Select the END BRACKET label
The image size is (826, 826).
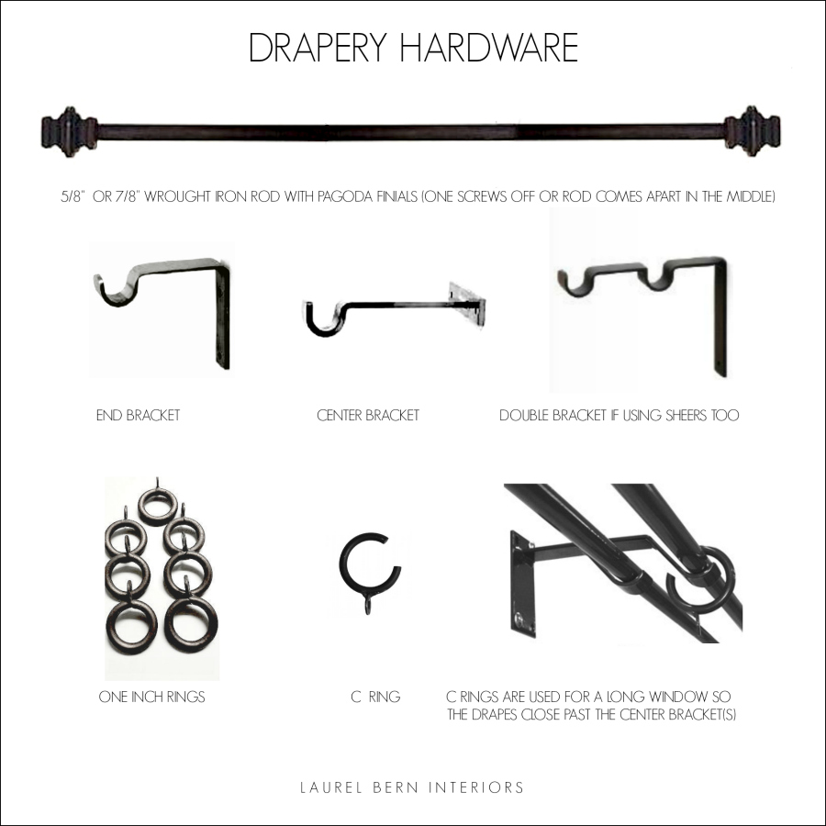point(138,416)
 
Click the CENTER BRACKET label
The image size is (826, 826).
point(367,416)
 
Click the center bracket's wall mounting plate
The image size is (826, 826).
point(466,305)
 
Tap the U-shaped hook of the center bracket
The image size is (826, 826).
point(323,318)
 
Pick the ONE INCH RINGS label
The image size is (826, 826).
point(151,698)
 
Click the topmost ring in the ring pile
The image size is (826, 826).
point(158,505)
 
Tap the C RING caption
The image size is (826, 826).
point(375,698)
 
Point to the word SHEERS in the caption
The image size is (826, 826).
point(675,416)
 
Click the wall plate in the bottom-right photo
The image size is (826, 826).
point(523,583)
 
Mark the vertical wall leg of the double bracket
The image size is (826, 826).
point(720,321)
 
